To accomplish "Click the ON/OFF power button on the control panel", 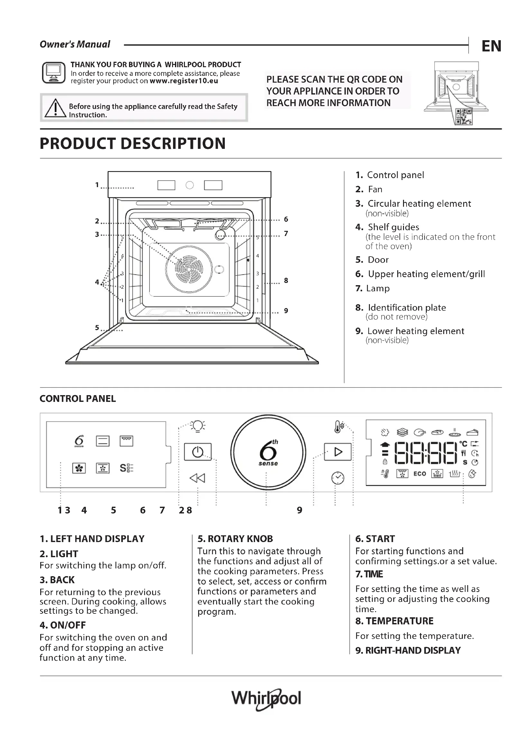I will tap(197, 452).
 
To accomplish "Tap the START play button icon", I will tap(338, 452).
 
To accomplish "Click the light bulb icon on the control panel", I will tap(198, 426).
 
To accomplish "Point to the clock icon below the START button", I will tap(338, 478).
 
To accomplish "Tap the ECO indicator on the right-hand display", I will tap(420, 474).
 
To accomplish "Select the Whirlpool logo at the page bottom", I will tap(266, 699).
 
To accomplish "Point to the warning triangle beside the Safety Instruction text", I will tap(55, 108).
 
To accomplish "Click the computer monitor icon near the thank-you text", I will tap(54, 72).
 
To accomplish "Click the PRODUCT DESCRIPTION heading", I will tap(133, 143).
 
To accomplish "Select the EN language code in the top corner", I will tap(491, 46).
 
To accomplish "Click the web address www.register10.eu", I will tap(183, 81).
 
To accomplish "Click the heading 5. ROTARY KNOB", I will tap(235, 539).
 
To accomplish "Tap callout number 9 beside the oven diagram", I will tap(286, 311).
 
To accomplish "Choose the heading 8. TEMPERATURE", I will tap(394, 621).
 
